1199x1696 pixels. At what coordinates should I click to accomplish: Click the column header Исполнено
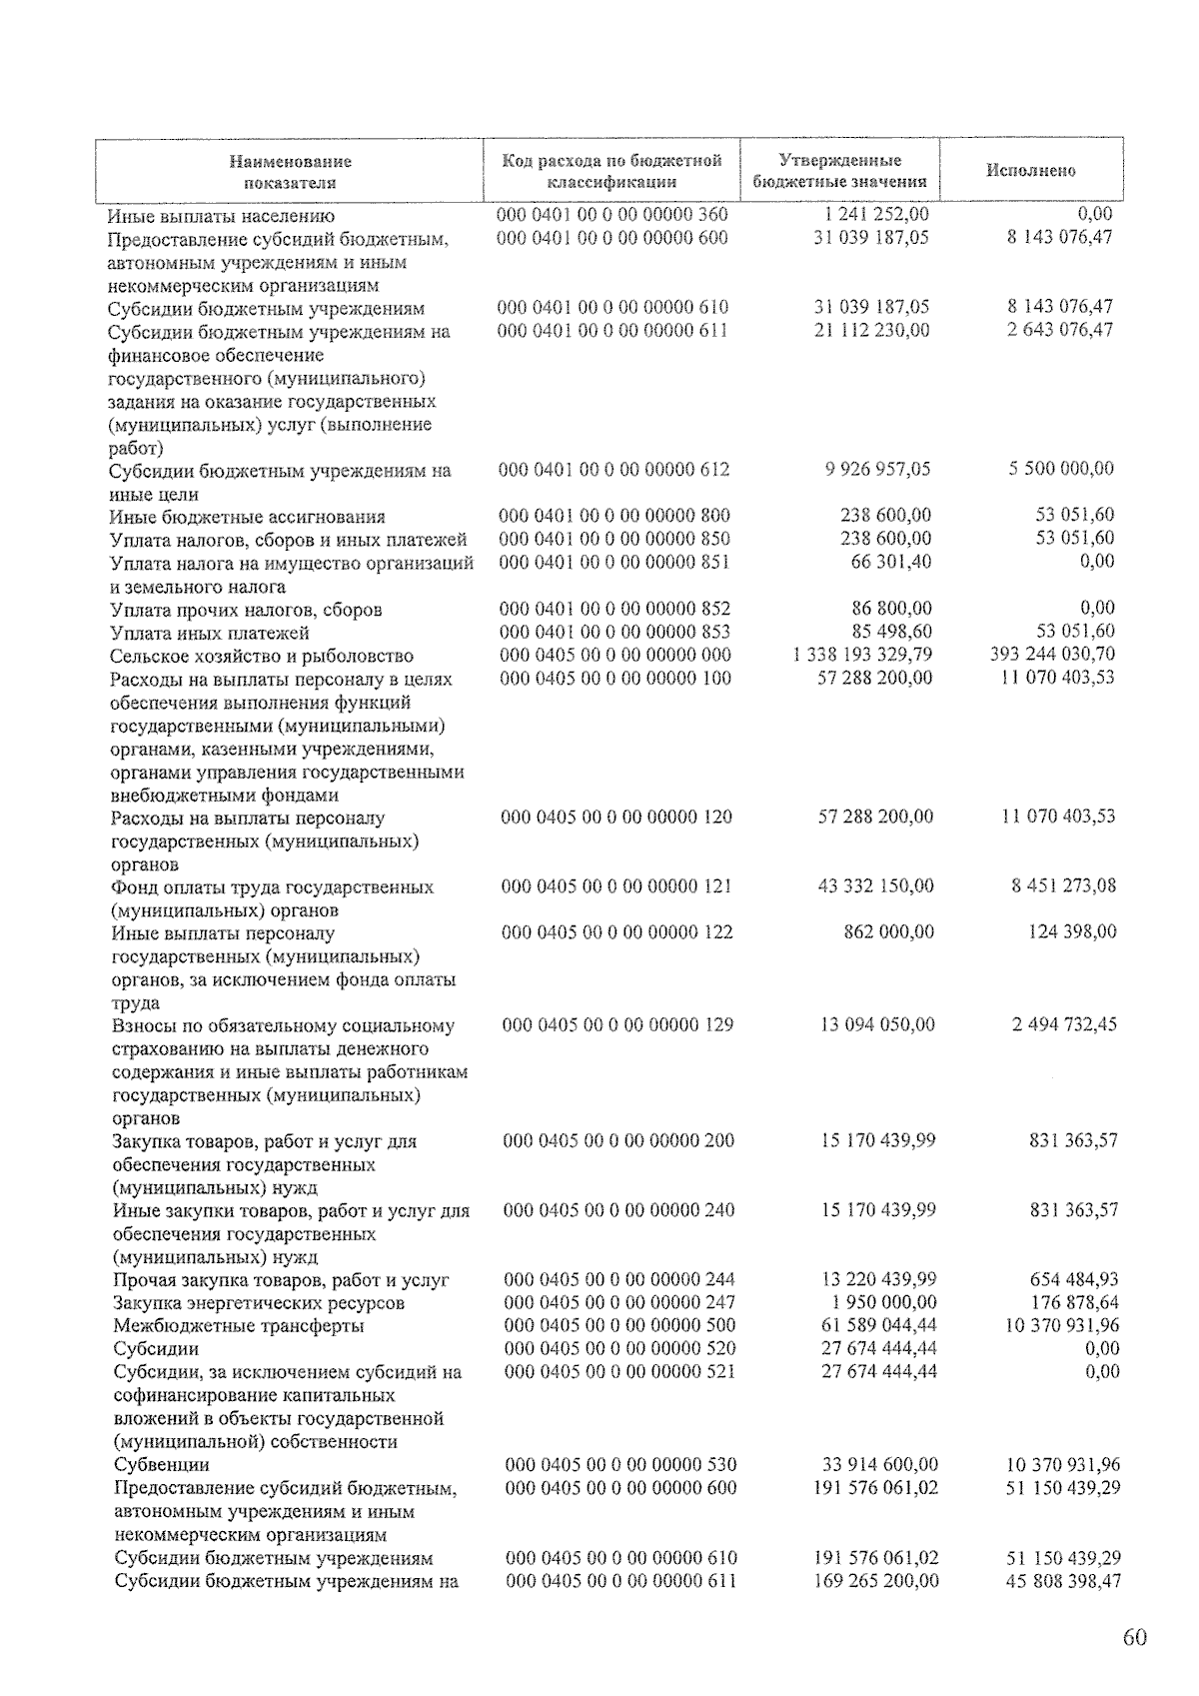coord(1030,170)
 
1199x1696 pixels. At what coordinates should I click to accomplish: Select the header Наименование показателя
coord(290,171)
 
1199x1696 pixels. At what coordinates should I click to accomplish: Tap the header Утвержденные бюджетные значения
coord(839,171)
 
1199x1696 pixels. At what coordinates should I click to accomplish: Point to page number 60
coord(1134,1637)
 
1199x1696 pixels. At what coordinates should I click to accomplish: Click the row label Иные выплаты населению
coord(222,216)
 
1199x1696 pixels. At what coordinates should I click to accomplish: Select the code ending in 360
coord(612,215)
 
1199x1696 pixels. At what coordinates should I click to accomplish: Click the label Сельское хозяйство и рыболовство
coord(261,656)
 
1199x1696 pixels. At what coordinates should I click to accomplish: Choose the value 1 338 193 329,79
coord(861,655)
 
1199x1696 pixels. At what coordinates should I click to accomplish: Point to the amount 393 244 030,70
coord(1051,655)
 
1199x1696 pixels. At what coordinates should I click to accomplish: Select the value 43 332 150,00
coord(876,886)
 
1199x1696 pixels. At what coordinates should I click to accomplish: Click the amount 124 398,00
coord(1072,932)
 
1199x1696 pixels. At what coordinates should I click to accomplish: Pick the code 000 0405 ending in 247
coord(619,1302)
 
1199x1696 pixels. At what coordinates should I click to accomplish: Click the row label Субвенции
coord(162,1465)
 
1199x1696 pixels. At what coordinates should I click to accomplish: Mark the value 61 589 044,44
coord(877,1325)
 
